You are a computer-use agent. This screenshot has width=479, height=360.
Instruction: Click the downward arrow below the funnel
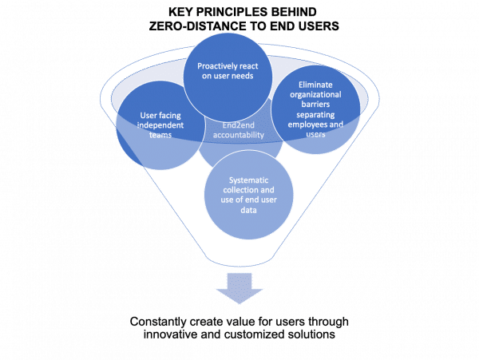tap(239, 287)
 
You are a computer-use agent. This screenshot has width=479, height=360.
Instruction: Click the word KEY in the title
tap(180, 11)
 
